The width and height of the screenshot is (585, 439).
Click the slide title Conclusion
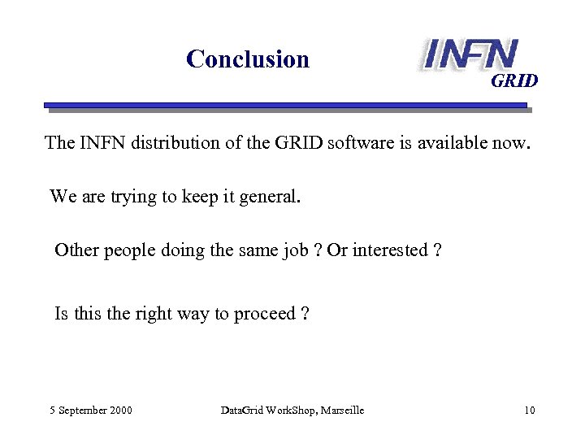pos(248,59)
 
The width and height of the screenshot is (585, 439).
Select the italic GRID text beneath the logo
pos(513,81)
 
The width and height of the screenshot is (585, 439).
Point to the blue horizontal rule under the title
pos(284,105)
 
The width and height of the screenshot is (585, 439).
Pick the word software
pos(360,143)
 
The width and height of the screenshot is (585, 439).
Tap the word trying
pos(129,197)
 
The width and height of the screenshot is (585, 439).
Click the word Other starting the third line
pos(76,250)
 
